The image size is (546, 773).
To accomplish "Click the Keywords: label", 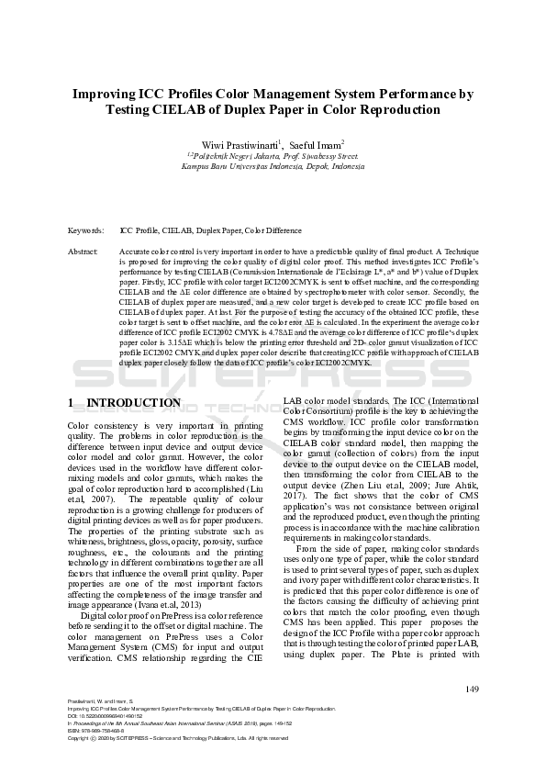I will [86, 230].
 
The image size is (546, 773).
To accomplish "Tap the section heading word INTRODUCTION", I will [134, 403].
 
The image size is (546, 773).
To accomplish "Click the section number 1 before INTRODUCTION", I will [72, 403].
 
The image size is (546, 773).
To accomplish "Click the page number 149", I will [473, 689].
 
